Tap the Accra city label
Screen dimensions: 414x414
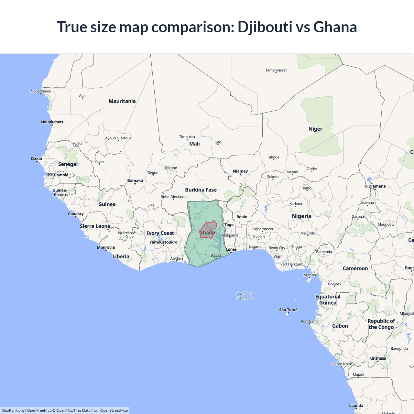tap(216, 256)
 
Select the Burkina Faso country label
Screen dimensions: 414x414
tap(201, 190)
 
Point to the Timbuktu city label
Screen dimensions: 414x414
tap(187, 137)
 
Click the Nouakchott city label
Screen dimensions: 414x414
tap(52, 122)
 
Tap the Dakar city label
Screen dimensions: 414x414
tap(37, 158)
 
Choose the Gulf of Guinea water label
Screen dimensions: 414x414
tap(245, 296)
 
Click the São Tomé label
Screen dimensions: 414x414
tap(288, 310)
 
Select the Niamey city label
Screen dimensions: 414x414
tap(240, 171)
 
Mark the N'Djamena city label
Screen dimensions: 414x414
tap(375, 186)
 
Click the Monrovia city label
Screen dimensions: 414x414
tap(106, 247)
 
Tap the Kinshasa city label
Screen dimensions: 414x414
tap(377, 358)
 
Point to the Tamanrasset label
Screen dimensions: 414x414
tap(276, 70)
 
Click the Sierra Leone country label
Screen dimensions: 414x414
tap(95, 226)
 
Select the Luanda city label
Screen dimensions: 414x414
tap(356, 406)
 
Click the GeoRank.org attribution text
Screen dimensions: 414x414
tap(13, 410)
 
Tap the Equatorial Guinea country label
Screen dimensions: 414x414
tap(328, 300)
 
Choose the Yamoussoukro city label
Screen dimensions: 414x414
tap(163, 242)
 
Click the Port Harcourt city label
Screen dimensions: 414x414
tap(291, 264)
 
